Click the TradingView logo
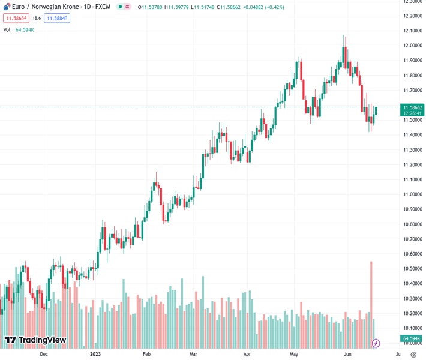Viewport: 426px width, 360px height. pyautogui.click(x=35, y=340)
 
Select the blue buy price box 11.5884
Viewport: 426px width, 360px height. pyautogui.click(x=57, y=18)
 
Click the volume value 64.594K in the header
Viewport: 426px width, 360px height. pyautogui.click(x=25, y=29)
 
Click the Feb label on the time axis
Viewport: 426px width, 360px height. pyautogui.click(x=146, y=354)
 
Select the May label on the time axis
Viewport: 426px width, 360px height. pyautogui.click(x=294, y=354)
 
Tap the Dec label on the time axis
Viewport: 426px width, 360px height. pyautogui.click(x=43, y=354)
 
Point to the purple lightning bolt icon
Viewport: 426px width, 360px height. pyautogui.click(x=376, y=343)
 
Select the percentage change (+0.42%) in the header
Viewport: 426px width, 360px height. pyautogui.click(x=272, y=7)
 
